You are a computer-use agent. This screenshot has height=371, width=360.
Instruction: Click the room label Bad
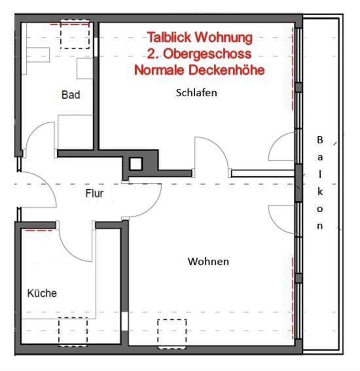tap(71, 95)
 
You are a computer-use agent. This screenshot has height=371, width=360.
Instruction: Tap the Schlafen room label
tap(196, 92)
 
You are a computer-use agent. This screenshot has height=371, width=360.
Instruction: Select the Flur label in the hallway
tap(94, 194)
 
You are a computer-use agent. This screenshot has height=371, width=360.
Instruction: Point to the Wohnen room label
tap(208, 262)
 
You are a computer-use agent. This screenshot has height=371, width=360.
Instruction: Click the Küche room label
tap(41, 293)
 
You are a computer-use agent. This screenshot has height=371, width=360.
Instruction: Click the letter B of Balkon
tap(320, 139)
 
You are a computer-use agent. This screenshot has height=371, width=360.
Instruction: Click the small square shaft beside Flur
tap(136, 164)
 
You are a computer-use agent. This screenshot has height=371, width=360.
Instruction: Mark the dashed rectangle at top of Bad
tap(73, 34)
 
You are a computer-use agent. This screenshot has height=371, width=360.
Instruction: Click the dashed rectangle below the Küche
tap(73, 331)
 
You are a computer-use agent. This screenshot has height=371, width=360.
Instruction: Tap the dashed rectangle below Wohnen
tap(171, 331)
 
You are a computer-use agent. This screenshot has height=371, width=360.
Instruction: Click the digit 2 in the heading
tap(153, 54)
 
